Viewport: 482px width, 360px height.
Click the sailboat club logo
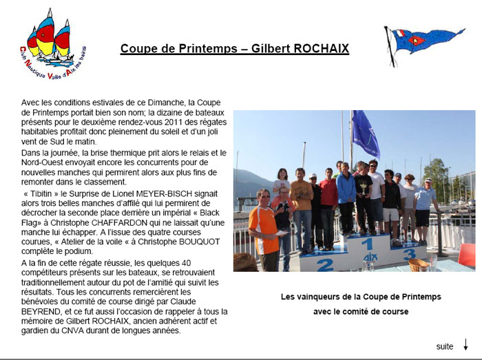pyautogui.click(x=53, y=45)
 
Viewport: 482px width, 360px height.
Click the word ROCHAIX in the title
pyautogui.click(x=322, y=49)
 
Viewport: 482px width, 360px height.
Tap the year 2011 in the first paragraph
pyautogui.click(x=174, y=122)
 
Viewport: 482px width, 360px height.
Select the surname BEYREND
pyautogui.click(x=40, y=311)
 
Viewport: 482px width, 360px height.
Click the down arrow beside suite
pyautogui.click(x=465, y=345)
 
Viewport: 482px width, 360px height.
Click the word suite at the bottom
pyautogui.click(x=445, y=346)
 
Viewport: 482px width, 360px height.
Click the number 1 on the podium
pyautogui.click(x=368, y=244)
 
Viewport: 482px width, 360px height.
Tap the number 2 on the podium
pyautogui.click(x=324, y=265)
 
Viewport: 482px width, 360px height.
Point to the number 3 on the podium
pyautogui.click(x=410, y=254)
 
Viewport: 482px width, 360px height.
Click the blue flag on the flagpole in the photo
pyautogui.click(x=365, y=134)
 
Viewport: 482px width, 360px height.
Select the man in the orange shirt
pyautogui.click(x=264, y=229)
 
